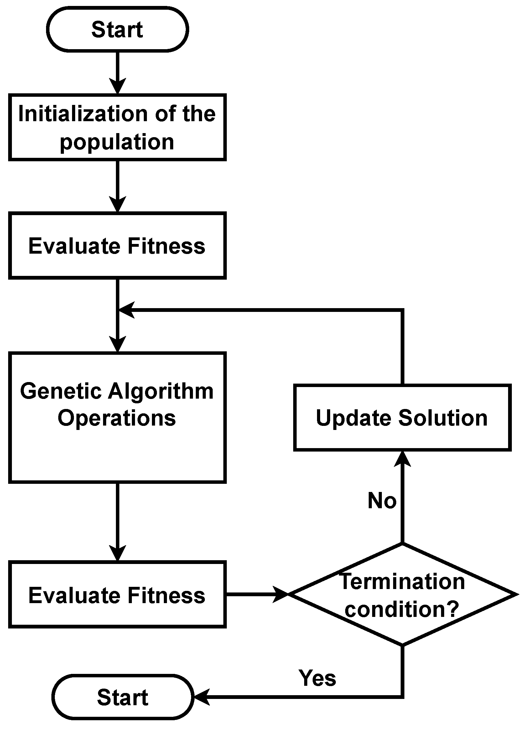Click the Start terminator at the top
click(117, 29)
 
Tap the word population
click(117, 142)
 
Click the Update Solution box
click(402, 417)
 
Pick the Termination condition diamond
click(402, 595)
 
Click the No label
click(382, 501)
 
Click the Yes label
click(317, 678)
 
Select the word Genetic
click(61, 391)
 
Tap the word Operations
click(117, 418)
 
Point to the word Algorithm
click(160, 392)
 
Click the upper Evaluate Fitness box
click(117, 246)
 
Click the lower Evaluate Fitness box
click(117, 595)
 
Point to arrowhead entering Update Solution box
click(402, 459)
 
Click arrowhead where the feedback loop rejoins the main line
click(126, 310)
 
